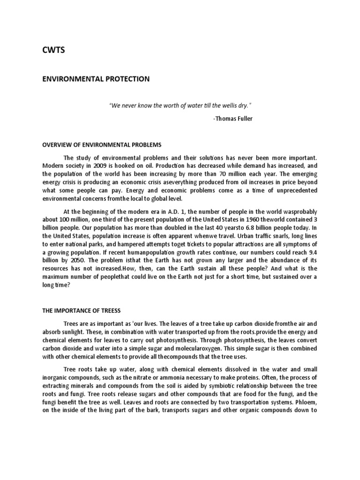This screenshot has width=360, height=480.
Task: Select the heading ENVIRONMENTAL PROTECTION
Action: [96, 79]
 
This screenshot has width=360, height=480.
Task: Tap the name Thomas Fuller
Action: [233, 119]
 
